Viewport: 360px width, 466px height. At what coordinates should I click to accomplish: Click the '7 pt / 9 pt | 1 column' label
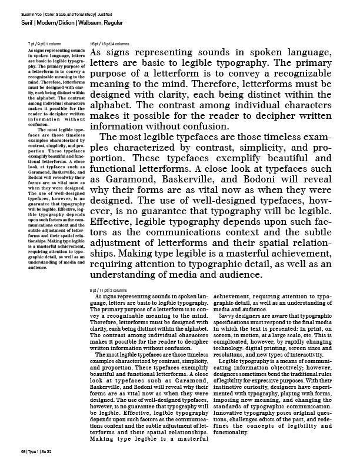45,44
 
